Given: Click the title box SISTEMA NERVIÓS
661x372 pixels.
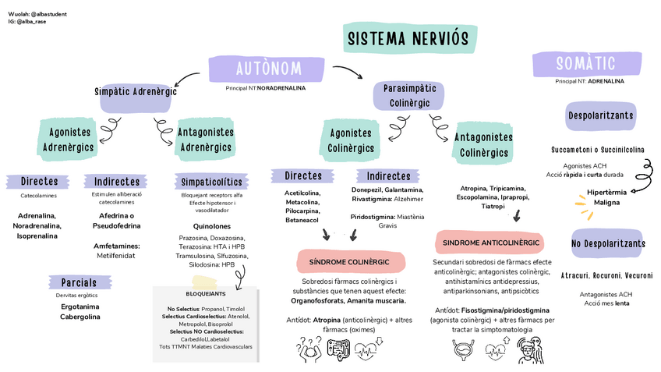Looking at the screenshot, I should click(x=408, y=39).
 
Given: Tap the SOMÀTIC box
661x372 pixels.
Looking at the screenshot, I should click(x=585, y=63).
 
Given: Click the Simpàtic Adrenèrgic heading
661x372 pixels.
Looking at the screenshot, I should click(x=136, y=92).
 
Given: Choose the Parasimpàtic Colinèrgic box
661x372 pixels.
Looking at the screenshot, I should click(x=410, y=96).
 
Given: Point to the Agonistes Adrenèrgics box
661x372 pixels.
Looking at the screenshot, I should click(x=68, y=139).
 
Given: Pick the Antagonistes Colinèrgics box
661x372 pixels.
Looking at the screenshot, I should click(x=483, y=144).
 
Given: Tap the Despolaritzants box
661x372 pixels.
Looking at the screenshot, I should click(x=599, y=116).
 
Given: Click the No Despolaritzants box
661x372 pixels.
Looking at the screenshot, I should click(x=608, y=244).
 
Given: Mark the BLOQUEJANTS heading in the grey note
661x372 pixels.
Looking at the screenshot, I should click(x=206, y=294).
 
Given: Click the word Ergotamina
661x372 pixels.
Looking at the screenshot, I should click(x=80, y=306).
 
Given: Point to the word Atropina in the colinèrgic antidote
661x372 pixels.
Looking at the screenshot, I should click(x=327, y=320).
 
